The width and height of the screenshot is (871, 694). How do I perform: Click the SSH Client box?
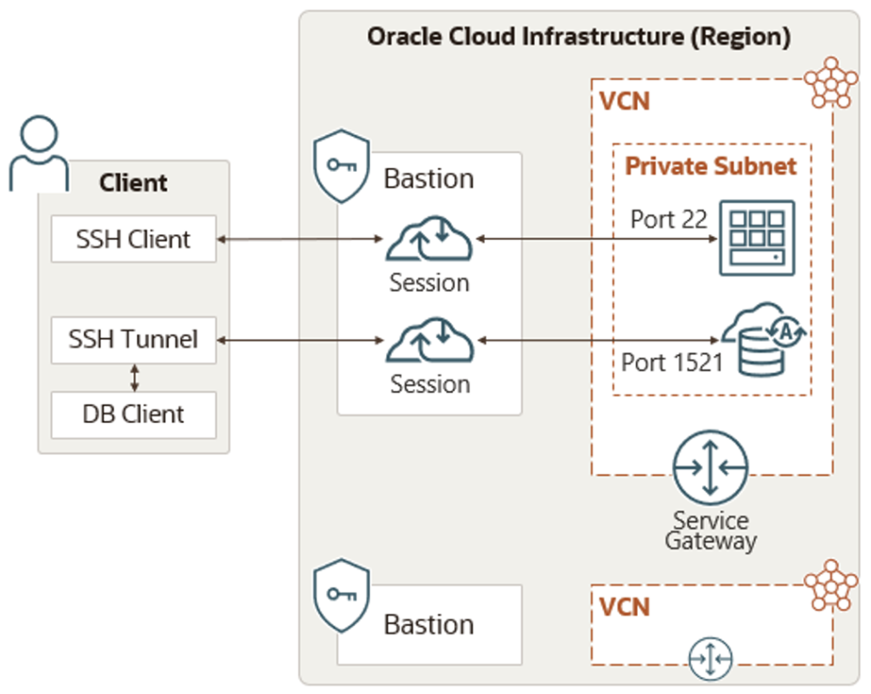(134, 239)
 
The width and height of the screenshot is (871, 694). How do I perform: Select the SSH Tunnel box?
(134, 340)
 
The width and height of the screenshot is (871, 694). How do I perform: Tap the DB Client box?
(134, 415)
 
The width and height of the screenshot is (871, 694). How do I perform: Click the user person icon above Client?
(38, 153)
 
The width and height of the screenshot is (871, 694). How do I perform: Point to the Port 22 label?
(669, 220)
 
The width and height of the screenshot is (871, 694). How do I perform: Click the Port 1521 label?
(672, 362)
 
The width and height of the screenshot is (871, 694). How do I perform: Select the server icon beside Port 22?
(756, 238)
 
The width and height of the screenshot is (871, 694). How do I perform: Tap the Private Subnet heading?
(711, 166)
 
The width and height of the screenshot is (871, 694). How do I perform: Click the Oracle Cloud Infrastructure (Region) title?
(578, 37)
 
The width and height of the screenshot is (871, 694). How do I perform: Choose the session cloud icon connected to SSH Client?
(430, 239)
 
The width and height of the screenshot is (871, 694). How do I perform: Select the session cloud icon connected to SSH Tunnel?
(430, 341)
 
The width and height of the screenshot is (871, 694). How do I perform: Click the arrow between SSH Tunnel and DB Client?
(134, 377)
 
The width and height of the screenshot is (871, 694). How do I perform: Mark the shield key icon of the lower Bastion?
(341, 594)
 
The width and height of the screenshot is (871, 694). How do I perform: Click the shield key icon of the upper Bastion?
(341, 165)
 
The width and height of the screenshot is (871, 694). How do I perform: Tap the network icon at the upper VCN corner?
(831, 83)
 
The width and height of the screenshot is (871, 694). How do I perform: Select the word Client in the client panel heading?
(134, 183)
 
